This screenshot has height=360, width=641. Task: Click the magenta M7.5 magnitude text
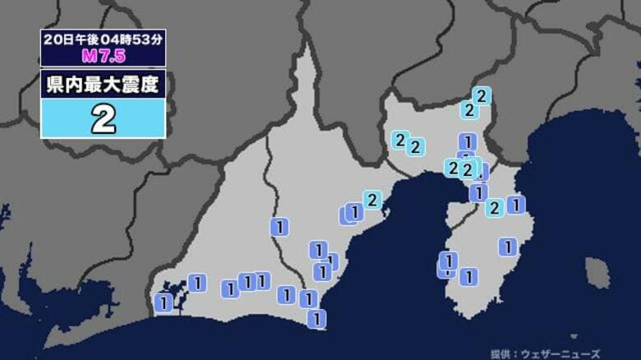point(104,58)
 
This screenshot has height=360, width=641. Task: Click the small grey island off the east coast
point(597,273)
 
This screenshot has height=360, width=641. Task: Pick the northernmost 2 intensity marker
point(482,96)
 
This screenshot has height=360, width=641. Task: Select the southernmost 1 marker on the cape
point(316,318)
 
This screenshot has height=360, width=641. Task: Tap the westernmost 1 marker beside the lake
point(164,302)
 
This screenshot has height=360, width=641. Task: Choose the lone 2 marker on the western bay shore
point(372,200)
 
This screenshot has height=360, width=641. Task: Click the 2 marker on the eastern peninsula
point(494,208)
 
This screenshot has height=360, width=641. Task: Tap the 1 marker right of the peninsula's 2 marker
point(516,205)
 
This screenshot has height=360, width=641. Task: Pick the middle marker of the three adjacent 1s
point(247,283)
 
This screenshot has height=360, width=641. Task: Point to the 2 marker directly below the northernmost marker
point(468,109)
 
